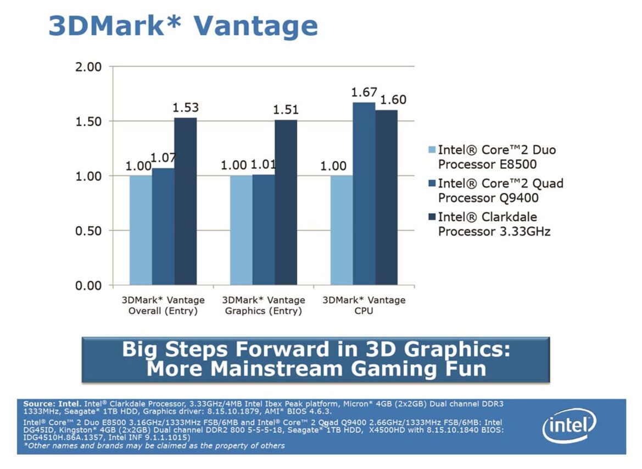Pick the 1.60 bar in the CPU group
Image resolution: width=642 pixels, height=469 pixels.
pyautogui.click(x=387, y=197)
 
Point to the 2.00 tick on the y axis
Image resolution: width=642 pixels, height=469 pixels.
pyautogui.click(x=88, y=67)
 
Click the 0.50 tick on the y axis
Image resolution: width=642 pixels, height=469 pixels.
pyautogui.click(x=88, y=231)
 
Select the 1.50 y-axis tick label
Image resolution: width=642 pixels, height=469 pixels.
pyautogui.click(x=88, y=122)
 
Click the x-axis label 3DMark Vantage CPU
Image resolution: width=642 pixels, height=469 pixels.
pyautogui.click(x=364, y=305)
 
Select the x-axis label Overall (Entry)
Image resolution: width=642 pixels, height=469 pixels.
pyautogui.click(x=163, y=311)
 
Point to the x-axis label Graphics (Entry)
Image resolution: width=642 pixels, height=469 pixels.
pyautogui.click(x=264, y=311)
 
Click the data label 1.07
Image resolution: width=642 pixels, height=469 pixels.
pyautogui.click(x=163, y=158)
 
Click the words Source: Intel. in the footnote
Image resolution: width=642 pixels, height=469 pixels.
pyautogui.click(x=53, y=404)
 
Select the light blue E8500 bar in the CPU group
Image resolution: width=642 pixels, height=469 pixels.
pyautogui.click(x=342, y=230)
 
